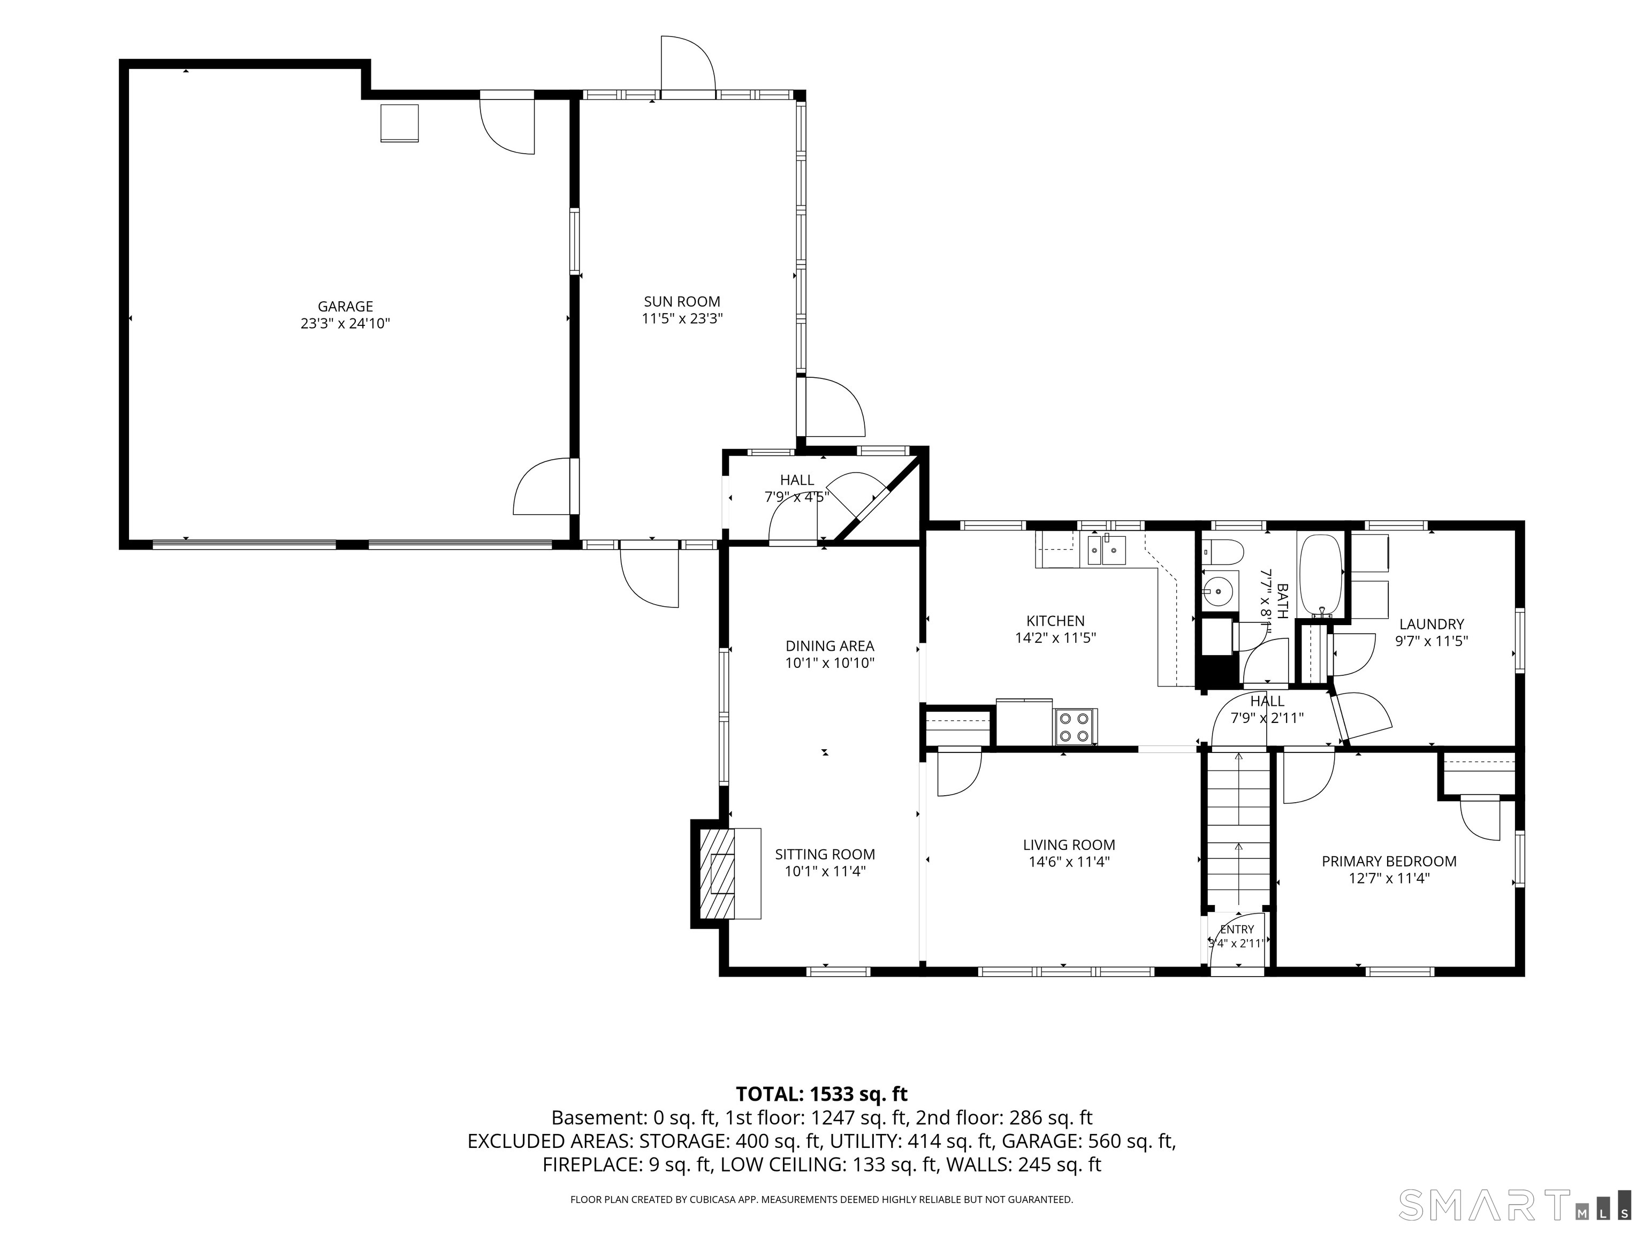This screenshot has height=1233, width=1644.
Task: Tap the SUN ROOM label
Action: pos(682,302)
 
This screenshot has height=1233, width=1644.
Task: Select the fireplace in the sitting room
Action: pos(726,873)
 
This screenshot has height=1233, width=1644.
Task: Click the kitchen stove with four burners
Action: pos(1075,727)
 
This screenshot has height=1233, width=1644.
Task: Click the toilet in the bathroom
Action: pos(1223,551)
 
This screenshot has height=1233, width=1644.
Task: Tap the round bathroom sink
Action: pos(1219,591)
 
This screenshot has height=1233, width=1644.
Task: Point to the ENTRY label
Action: pos(1237,929)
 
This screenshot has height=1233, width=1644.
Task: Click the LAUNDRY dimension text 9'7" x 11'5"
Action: pos(1432,641)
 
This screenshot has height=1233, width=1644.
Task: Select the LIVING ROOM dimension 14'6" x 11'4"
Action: pos(1069,862)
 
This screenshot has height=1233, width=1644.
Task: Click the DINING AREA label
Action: pos(830,646)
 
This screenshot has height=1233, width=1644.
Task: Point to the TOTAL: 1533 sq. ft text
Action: pos(821,1094)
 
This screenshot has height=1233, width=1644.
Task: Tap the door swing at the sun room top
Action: pos(688,63)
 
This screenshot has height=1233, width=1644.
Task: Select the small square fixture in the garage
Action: pos(400,123)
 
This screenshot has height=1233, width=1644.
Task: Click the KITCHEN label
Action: pos(1055,621)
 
